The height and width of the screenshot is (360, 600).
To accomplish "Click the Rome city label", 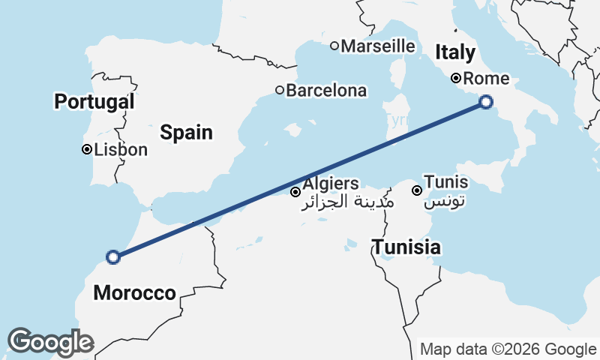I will point(487,78).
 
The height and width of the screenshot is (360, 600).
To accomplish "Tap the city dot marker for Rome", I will point(455,78).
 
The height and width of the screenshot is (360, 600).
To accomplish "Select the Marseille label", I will point(378,46).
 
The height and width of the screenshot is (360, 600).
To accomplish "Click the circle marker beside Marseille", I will point(334,46).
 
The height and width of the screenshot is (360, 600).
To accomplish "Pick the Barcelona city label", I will point(326,91).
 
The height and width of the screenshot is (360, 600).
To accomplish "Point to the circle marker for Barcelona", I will point(280,90).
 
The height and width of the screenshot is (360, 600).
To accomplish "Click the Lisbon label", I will point(121,149).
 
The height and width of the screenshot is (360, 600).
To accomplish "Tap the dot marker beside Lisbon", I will point(87,149).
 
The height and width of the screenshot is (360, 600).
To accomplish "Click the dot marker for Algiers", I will point(295,192).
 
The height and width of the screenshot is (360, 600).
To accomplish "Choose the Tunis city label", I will point(445,182).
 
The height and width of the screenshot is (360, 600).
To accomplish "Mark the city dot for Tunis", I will point(416,190).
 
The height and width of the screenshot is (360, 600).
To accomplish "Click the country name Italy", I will point(455,52).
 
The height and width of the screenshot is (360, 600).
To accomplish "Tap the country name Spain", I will point(186,133).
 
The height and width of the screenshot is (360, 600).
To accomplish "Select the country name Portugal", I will point(94,101).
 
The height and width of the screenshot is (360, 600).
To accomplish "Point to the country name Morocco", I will point(134,292).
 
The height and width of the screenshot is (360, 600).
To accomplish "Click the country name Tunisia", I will point(406,247).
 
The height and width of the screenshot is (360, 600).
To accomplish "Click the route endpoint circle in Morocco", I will point(112,257).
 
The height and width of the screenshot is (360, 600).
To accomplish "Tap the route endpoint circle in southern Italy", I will point(486,102).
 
